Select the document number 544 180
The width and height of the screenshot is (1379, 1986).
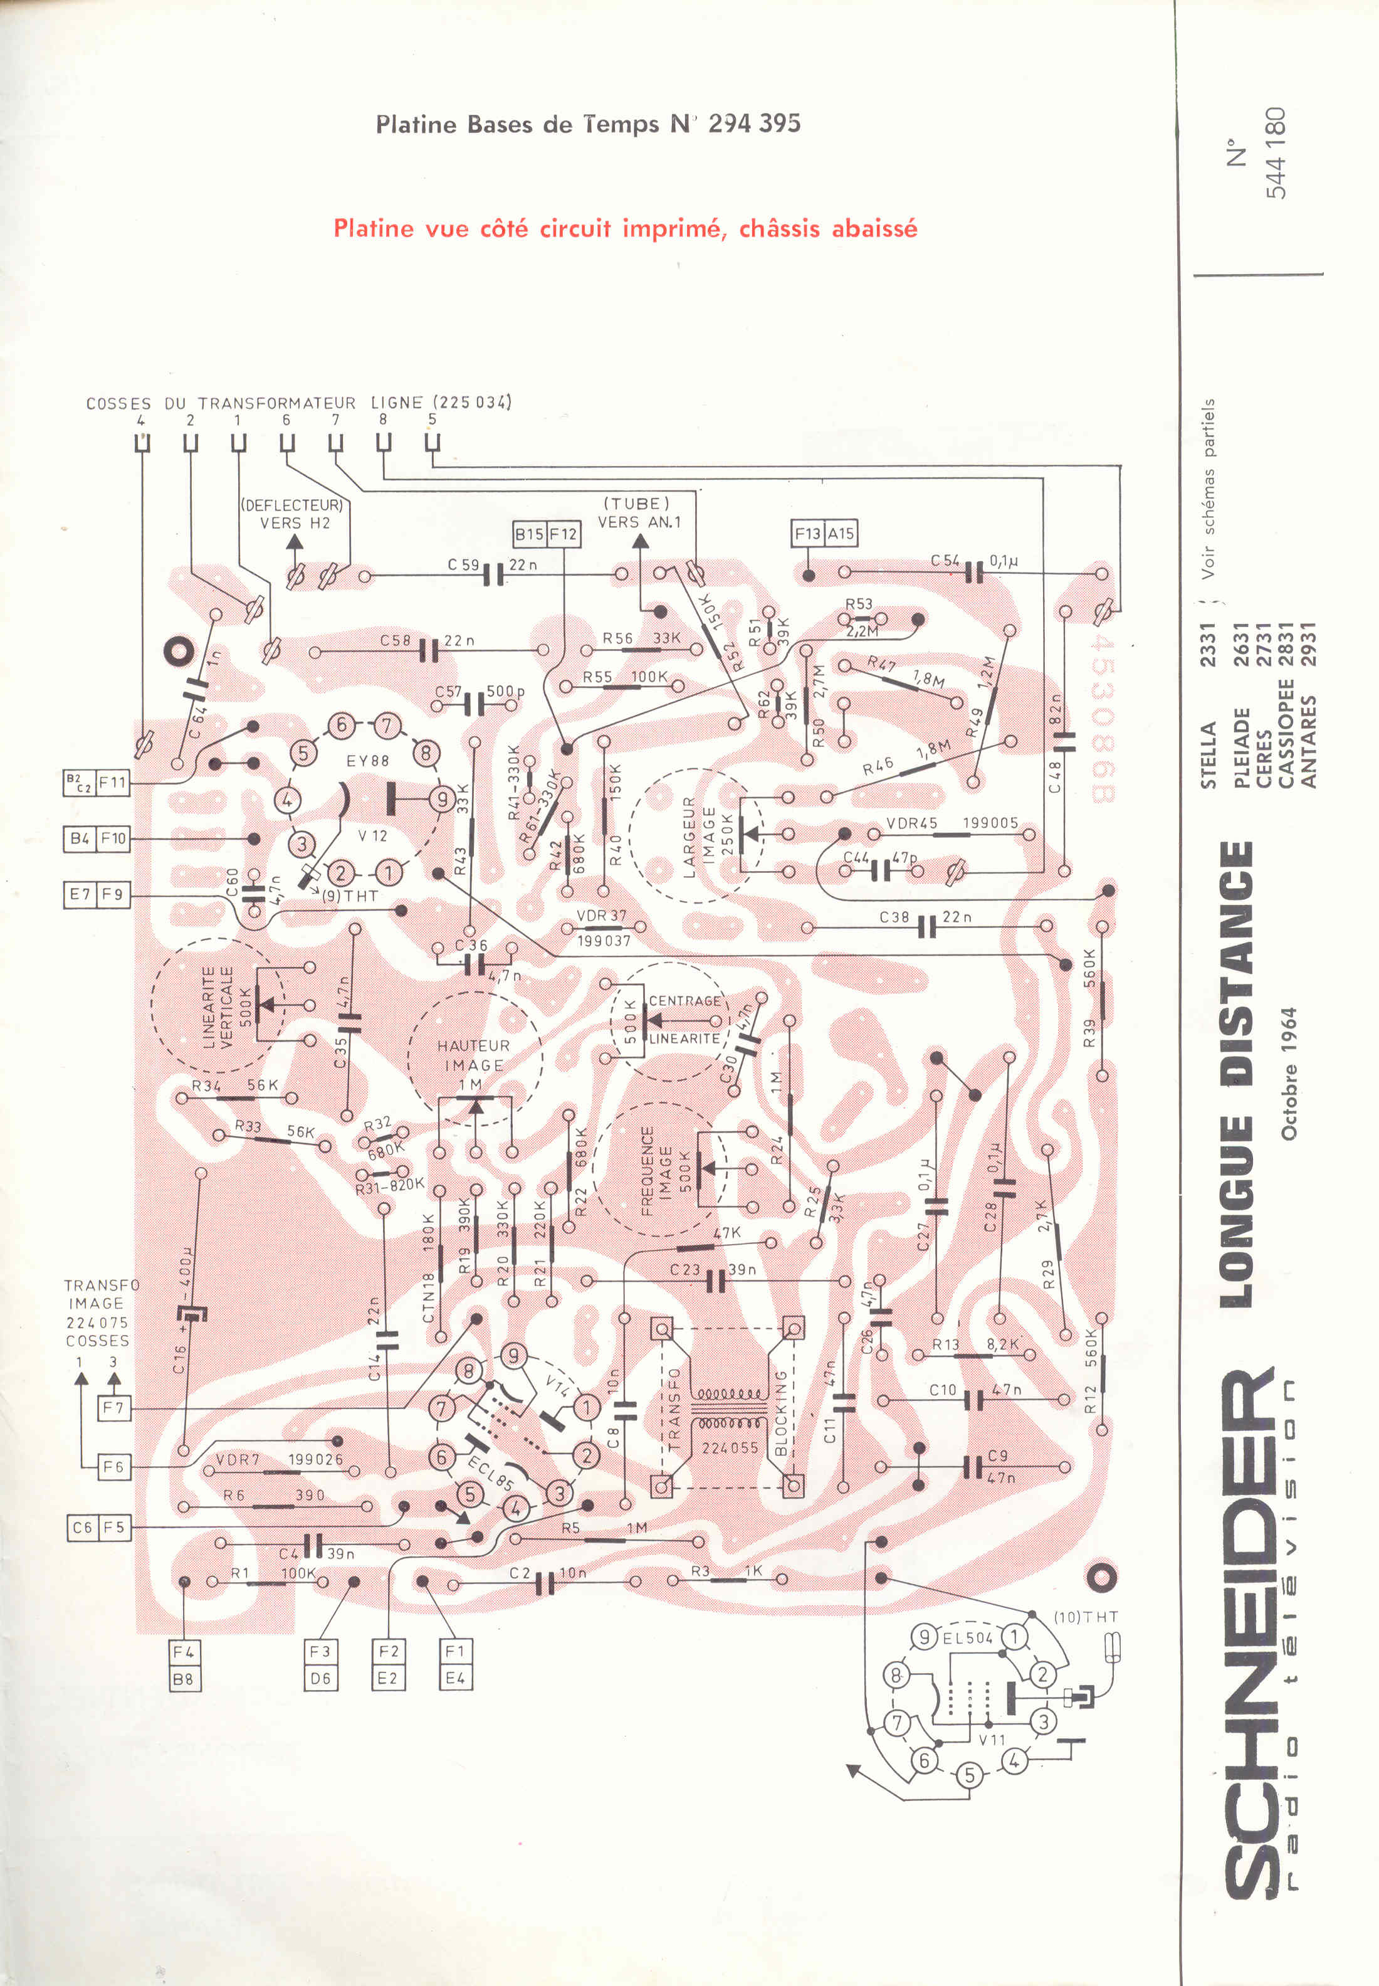1276,153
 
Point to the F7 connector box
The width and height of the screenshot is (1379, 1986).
113,1408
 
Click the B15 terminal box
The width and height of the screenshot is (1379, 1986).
530,534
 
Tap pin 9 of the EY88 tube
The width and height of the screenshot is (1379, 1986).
443,798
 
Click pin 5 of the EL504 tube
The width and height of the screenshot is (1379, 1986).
970,1775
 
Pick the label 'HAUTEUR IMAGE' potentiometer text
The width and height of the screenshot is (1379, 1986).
473,1055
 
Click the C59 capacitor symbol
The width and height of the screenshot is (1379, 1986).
493,574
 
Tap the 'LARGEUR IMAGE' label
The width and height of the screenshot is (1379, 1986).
699,837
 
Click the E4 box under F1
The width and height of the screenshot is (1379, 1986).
455,1678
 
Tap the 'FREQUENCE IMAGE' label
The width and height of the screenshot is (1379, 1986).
657,1170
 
